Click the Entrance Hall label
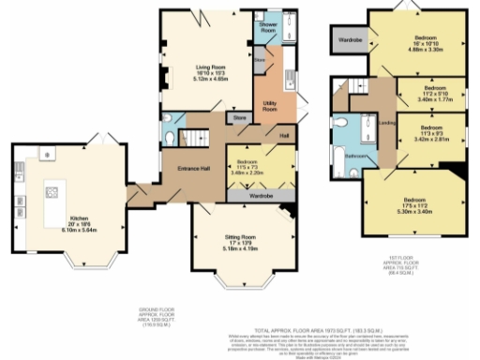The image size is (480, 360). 193,169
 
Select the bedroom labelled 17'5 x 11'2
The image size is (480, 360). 412,204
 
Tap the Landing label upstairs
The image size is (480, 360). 384,122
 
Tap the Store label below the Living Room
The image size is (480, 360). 239,118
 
